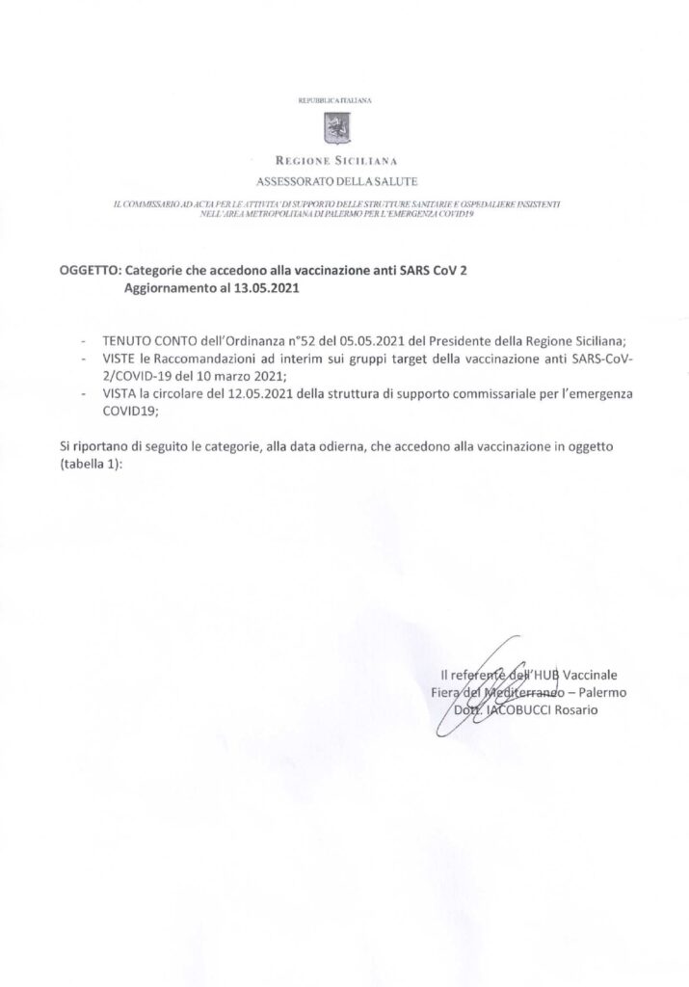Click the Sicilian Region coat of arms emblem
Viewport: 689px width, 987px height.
(336, 126)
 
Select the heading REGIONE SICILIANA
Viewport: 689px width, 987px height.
(337, 162)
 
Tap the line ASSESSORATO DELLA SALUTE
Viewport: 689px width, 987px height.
(337, 180)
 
